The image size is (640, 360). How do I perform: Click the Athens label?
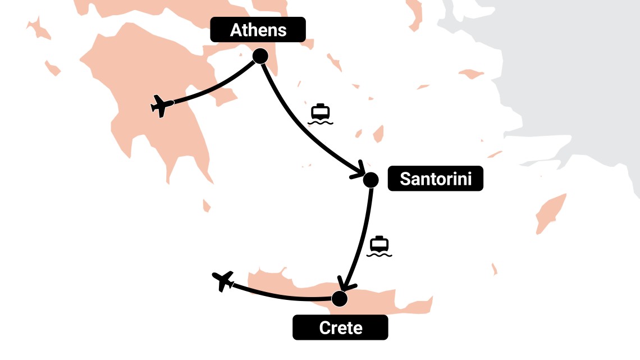pyautogui.click(x=258, y=29)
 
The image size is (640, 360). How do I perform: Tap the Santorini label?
pyautogui.click(x=435, y=179)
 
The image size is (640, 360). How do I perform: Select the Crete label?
pyautogui.click(x=340, y=327)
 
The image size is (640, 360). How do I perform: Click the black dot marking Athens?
pyautogui.click(x=260, y=56)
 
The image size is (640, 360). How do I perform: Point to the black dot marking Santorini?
pyautogui.click(x=371, y=180)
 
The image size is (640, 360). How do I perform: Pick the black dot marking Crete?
pyautogui.click(x=340, y=298)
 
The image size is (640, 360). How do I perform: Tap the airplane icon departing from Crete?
pyautogui.click(x=223, y=280)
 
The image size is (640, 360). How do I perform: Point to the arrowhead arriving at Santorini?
pyautogui.click(x=359, y=172)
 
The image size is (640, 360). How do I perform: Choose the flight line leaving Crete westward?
pyautogui.click(x=281, y=296)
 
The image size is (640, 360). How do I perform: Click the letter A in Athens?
pyautogui.click(x=236, y=30)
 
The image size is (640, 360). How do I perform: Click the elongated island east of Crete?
pyautogui.click(x=551, y=213)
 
